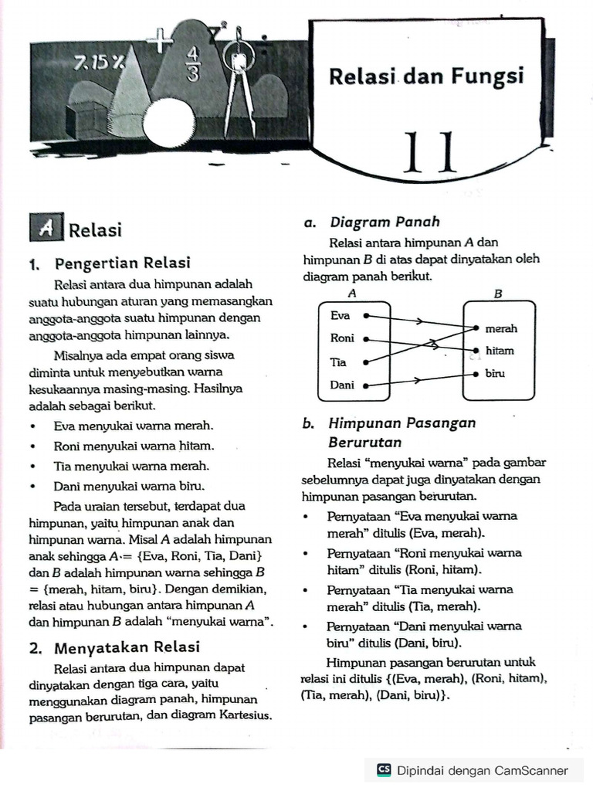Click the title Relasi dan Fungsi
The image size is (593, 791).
coord(426,76)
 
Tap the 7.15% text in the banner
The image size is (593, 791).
coord(100,61)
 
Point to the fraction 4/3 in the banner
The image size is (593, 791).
coord(192,64)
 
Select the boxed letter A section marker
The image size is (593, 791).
coord(47,229)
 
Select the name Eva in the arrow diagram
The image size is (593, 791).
coord(340,315)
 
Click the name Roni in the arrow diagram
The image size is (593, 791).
coord(342,338)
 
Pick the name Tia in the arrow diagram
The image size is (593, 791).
coord(339,362)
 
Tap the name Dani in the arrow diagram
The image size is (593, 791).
coord(342,385)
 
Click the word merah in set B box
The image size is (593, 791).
coord(501,328)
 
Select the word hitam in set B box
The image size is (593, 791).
coord(500,351)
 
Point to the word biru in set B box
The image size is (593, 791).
coord(495,373)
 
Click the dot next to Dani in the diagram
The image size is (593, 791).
coord(365,384)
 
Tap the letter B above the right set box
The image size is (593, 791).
coord(498,294)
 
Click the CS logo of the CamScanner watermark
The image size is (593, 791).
coord(384,769)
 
